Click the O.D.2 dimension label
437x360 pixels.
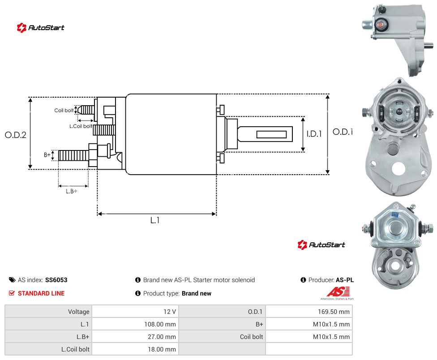click(x=16, y=135)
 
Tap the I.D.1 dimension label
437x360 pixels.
click(x=314, y=134)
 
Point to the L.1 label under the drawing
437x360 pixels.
click(x=155, y=220)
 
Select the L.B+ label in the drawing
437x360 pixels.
click(x=72, y=191)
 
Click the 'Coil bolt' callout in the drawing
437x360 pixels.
click(x=64, y=110)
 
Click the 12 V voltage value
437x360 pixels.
click(x=169, y=312)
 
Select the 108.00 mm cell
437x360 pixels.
click(x=160, y=324)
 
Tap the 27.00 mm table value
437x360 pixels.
click(x=162, y=337)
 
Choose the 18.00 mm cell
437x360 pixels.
click(x=162, y=349)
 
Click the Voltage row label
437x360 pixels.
click(x=79, y=312)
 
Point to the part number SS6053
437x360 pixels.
click(x=56, y=280)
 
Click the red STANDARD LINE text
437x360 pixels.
click(x=41, y=293)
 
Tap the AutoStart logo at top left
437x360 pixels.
click(x=40, y=28)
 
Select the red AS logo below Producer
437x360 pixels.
click(x=338, y=292)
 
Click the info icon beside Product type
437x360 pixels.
click(x=137, y=293)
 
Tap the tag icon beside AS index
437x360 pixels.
click(x=12, y=280)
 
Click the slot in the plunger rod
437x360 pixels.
click(x=271, y=135)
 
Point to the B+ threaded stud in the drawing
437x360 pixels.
click(x=73, y=155)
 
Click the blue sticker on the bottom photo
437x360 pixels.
click(x=395, y=214)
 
